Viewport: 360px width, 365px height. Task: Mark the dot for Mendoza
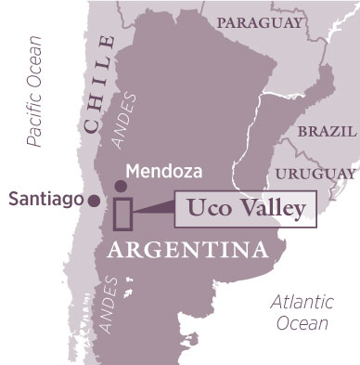121,186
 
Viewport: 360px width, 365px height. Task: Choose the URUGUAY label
321,172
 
